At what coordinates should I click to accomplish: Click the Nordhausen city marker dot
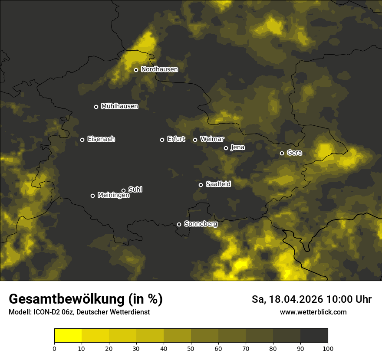(136, 70)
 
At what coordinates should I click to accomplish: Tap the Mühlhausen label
(119, 106)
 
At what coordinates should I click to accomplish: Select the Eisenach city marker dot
(82, 140)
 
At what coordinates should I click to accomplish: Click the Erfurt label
(176, 139)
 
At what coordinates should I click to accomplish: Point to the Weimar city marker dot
(195, 140)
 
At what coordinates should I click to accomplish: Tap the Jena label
(237, 147)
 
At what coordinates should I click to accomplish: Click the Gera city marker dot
(282, 153)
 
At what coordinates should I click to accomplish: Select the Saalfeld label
(218, 184)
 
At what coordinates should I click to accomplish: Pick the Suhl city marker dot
(123, 190)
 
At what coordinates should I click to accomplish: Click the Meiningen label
(113, 196)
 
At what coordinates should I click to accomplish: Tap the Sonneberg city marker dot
(179, 224)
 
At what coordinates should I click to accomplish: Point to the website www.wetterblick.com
(313, 312)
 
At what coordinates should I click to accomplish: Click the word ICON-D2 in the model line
(44, 312)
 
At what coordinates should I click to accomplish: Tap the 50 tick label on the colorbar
(191, 348)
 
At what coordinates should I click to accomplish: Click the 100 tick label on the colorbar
(327, 348)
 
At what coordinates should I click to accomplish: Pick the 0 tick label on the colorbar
(54, 348)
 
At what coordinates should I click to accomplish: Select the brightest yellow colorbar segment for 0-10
(68, 336)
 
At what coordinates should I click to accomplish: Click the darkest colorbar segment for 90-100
(314, 336)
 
